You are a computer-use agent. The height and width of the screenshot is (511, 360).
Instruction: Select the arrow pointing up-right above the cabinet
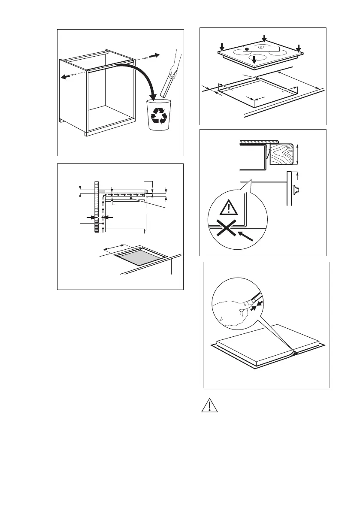pos(155,55)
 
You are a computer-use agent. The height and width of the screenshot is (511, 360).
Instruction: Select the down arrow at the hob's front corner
pos(254,60)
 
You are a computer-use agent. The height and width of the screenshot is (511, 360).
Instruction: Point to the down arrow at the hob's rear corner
pos(264,39)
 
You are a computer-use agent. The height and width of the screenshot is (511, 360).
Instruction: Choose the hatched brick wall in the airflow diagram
pos(96,206)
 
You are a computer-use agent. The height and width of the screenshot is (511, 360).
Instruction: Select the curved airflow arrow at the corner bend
pos(104,196)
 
